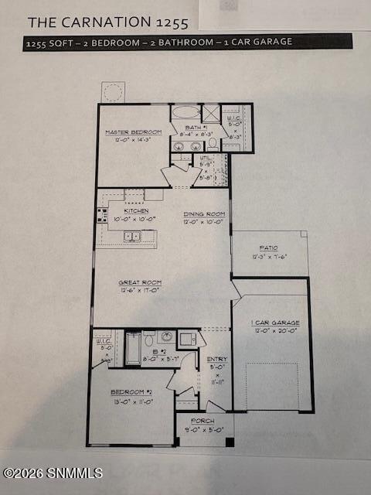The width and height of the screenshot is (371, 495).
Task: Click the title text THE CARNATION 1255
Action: pyautogui.click(x=107, y=22)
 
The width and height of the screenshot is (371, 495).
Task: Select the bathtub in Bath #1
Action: pyautogui.click(x=185, y=112)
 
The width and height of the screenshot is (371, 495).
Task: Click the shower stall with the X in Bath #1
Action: pyautogui.click(x=210, y=113)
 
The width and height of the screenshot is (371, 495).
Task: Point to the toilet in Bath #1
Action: pyautogui.click(x=213, y=143)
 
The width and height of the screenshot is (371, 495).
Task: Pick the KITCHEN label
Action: pyautogui.click(x=136, y=210)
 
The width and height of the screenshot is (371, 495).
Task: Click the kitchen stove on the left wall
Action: pyautogui.click(x=101, y=214)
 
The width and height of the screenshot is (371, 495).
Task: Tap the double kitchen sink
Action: pyautogui.click(x=132, y=236)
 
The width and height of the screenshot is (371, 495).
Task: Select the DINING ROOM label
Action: pyautogui.click(x=204, y=214)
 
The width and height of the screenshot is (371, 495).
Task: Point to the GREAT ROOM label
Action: pyautogui.click(x=139, y=283)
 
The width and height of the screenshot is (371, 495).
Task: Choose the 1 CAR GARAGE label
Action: pyautogui.click(x=275, y=323)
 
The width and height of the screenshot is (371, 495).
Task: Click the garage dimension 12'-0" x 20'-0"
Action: pyautogui.click(x=275, y=331)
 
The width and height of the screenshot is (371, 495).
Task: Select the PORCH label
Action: pyautogui.click(x=203, y=421)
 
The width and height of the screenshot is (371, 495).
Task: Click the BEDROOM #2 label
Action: pyautogui.click(x=131, y=392)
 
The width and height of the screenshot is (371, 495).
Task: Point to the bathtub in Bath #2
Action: pyautogui.click(x=133, y=348)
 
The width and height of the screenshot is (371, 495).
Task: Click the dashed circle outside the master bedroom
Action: pyautogui.click(x=112, y=92)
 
